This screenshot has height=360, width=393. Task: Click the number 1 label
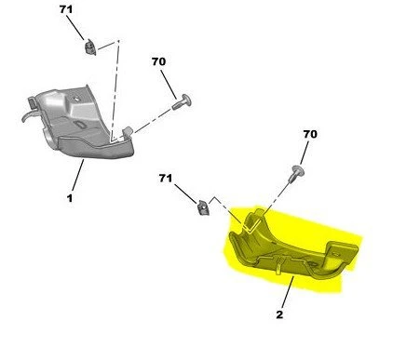click(x=70, y=198)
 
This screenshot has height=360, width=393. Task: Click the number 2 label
click(x=279, y=314)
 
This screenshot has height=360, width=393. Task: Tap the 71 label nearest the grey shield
click(x=66, y=9)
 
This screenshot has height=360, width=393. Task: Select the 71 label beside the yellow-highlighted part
click(x=166, y=179)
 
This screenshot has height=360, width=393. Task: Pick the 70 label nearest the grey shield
click(x=158, y=61)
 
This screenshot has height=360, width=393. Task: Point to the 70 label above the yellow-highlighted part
click(x=310, y=134)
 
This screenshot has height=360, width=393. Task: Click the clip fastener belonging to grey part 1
click(x=90, y=47)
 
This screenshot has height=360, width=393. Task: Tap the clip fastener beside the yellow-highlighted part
click(x=203, y=207)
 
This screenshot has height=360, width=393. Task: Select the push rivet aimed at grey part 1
click(x=182, y=101)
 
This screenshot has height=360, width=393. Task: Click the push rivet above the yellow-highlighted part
click(x=296, y=174)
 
